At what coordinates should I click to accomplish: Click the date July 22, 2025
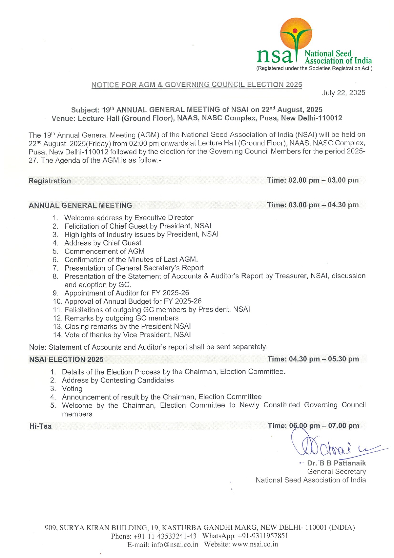click(344, 93)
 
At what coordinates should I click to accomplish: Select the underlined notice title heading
click(197, 85)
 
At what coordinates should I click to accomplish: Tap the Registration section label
click(50, 181)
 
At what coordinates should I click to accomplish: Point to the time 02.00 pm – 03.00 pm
click(313, 180)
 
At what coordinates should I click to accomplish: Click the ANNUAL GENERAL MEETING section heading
click(80, 205)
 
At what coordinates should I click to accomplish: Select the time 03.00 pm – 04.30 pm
click(313, 205)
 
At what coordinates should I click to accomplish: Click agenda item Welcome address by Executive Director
click(129, 218)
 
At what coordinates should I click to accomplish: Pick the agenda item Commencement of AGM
click(104, 251)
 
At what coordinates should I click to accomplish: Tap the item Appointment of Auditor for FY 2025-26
click(126, 293)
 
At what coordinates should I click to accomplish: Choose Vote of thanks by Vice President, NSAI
click(128, 335)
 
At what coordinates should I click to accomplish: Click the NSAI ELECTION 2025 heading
click(66, 360)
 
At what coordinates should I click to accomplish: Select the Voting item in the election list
click(72, 389)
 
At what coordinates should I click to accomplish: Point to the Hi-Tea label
click(40, 426)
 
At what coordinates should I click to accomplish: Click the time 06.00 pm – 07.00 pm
click(313, 426)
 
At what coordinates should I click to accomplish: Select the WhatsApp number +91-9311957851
click(263, 536)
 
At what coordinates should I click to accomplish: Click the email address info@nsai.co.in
click(175, 544)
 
